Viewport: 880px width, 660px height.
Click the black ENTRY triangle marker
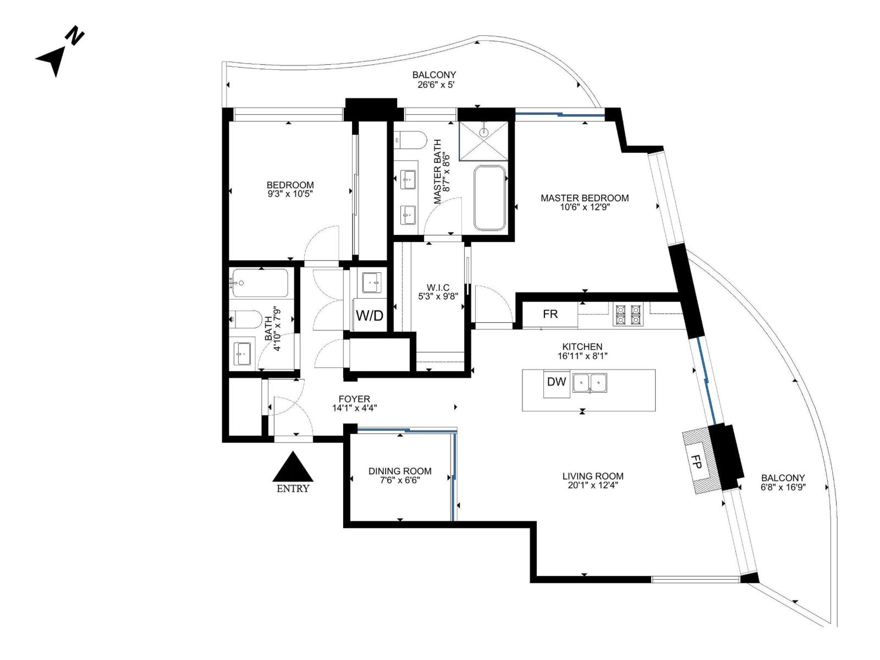pos(293,468)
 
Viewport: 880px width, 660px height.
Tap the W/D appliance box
pos(369,315)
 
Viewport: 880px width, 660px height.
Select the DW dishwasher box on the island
pos(557,382)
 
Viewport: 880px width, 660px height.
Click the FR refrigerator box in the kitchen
pos(550,314)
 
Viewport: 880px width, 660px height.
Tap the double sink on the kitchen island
pos(590,382)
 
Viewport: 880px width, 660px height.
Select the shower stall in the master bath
pos(483,141)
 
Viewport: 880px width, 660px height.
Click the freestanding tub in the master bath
pos(490,198)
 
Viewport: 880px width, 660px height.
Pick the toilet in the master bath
pos(410,140)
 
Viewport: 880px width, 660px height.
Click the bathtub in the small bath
pos(259,283)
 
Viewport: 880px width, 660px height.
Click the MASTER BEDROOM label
pos(584,198)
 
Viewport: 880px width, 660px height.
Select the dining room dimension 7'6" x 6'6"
pos(400,480)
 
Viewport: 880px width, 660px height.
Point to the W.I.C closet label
pos(438,288)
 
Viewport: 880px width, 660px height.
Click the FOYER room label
pos(354,399)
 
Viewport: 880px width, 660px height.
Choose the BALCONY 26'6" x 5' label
pos(434,80)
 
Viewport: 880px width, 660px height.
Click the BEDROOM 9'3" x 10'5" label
pos(290,189)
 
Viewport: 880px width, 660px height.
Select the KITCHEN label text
pos(582,346)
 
